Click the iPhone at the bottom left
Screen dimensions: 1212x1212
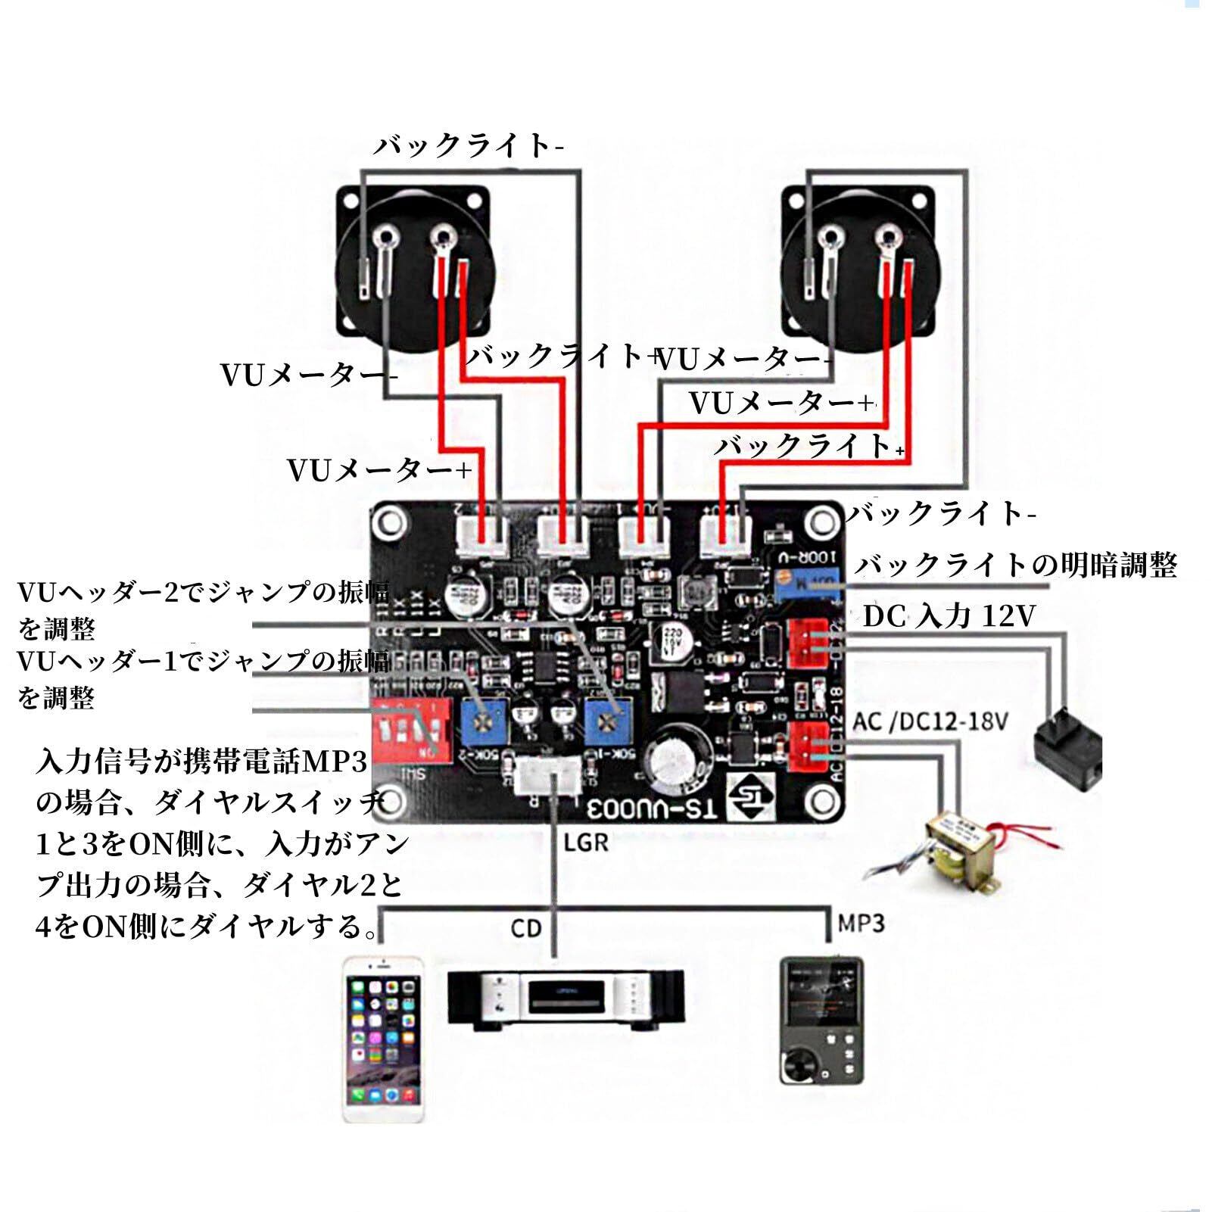[384, 1039]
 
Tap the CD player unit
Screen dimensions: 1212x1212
[566, 999]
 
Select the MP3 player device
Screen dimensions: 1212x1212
[821, 1020]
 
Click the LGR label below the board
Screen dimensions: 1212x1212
[586, 842]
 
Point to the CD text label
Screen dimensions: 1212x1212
[525, 928]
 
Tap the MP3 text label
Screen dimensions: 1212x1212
[861, 924]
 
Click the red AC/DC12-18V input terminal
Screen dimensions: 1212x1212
[808, 746]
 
